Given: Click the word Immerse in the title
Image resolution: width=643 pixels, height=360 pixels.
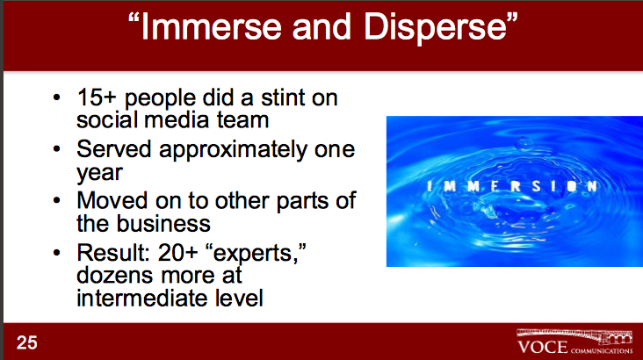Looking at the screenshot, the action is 211,26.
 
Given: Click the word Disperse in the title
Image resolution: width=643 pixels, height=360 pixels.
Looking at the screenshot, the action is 436,28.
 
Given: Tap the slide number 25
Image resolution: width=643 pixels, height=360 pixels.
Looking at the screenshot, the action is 27,342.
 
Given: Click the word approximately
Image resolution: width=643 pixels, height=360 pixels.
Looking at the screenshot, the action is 233,150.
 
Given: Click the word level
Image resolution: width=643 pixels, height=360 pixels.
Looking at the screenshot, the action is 239,298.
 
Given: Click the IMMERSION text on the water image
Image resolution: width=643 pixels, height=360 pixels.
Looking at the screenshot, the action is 512,186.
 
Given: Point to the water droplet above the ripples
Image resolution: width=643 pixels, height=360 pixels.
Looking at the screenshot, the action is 524,144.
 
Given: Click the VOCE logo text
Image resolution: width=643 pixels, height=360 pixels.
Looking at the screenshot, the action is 543,348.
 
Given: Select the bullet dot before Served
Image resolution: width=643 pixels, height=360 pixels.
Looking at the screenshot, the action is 56,149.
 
